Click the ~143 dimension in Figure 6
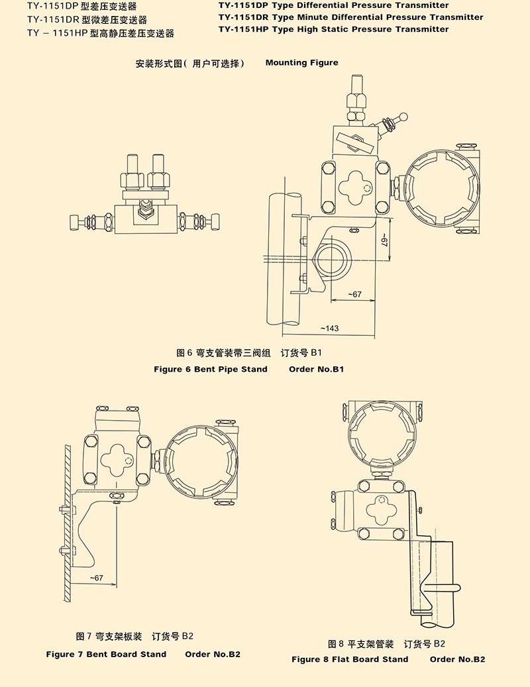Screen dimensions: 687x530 point(329,329)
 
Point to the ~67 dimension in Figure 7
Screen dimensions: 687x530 point(97,578)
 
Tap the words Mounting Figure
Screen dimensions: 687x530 point(301,63)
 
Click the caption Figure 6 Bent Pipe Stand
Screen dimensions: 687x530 point(211,369)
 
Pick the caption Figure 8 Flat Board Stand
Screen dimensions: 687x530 point(350,659)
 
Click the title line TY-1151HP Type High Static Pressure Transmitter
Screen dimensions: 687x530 point(333,29)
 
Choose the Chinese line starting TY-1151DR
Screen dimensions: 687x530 point(87,20)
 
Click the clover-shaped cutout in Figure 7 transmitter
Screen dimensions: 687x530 point(117,457)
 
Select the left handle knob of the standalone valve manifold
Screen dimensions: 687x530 point(76,220)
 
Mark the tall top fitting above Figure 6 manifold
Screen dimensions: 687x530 point(356,92)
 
